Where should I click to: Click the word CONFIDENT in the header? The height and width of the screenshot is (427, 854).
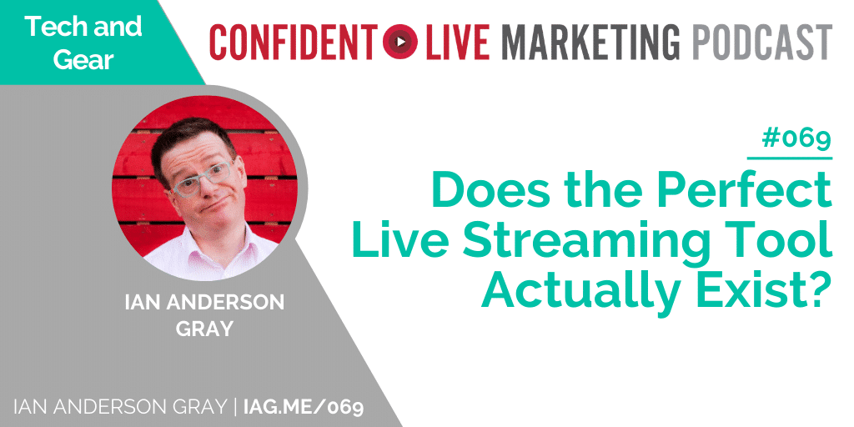(x=293, y=41)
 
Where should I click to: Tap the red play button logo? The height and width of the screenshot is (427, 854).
(x=400, y=42)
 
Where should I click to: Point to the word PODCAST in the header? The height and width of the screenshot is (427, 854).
(x=762, y=41)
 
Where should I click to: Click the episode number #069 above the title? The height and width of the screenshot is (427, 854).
(x=796, y=139)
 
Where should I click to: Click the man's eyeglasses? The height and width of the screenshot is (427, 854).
(x=203, y=179)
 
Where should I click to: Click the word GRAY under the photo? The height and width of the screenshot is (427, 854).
(x=204, y=329)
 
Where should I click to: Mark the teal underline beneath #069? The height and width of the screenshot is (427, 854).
(x=790, y=158)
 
